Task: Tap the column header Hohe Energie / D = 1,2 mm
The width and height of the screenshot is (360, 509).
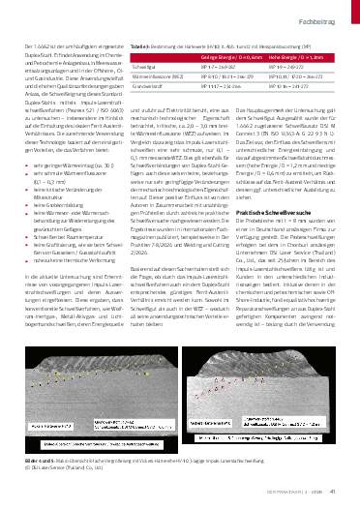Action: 292,58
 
